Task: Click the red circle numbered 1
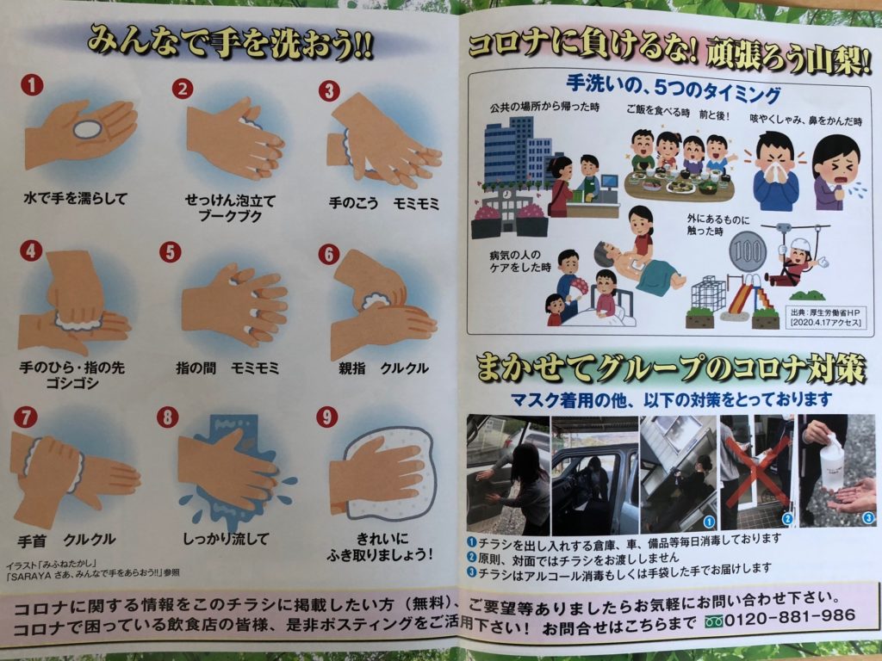[32, 85]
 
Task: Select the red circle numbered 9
[326, 417]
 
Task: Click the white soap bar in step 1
[87, 129]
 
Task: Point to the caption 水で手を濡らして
[76, 199]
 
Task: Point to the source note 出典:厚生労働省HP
[822, 311]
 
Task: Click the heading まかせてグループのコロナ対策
[670, 368]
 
